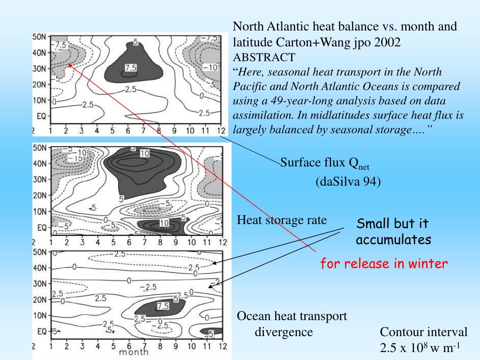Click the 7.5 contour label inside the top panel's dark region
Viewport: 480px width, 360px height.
[131, 67]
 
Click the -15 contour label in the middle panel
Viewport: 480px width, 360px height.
[76, 158]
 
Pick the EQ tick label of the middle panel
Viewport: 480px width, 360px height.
[41, 228]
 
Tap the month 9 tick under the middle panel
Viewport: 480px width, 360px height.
[175, 242]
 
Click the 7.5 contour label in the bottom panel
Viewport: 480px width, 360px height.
[163, 306]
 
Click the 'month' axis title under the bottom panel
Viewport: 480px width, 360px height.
[134, 352]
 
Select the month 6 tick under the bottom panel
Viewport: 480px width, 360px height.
[128, 347]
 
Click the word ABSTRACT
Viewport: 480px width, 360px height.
[264, 57]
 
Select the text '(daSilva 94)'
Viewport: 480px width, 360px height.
[348, 181]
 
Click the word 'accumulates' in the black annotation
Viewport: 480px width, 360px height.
[393, 240]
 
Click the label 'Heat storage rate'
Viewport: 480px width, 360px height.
[282, 220]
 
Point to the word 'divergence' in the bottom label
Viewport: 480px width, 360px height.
[284, 332]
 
